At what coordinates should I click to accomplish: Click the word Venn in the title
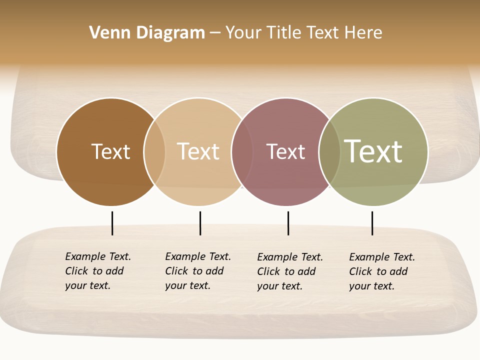104,33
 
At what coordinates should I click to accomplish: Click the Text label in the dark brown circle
110,151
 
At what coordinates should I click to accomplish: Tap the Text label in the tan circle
198,151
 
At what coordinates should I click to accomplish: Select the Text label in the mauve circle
285,152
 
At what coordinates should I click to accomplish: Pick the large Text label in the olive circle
373,151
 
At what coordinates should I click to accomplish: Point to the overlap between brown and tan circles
154,152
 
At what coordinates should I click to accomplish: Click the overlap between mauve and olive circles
329,152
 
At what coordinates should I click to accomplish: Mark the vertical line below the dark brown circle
112,223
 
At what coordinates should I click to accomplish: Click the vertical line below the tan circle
200,223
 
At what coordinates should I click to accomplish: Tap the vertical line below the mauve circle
288,223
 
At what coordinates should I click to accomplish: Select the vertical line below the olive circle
372,223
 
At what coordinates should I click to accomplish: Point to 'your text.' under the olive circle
371,286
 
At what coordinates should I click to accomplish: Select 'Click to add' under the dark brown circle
94,271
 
